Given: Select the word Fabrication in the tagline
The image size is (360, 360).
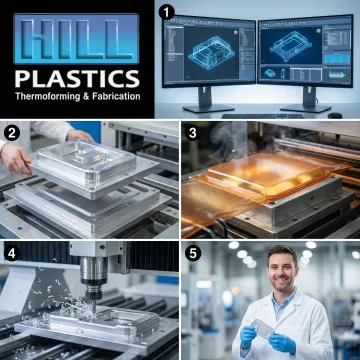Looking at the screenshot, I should point(117,97).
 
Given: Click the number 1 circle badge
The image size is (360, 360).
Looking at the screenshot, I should point(168,12).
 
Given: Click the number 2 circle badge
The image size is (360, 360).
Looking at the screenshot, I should point(12,131).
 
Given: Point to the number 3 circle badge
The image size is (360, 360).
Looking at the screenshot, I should point(191,131).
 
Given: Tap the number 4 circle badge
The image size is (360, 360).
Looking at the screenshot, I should point(12,249).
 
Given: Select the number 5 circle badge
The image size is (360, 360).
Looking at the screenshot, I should point(191,249).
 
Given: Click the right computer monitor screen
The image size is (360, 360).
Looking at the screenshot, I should point(304,55).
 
